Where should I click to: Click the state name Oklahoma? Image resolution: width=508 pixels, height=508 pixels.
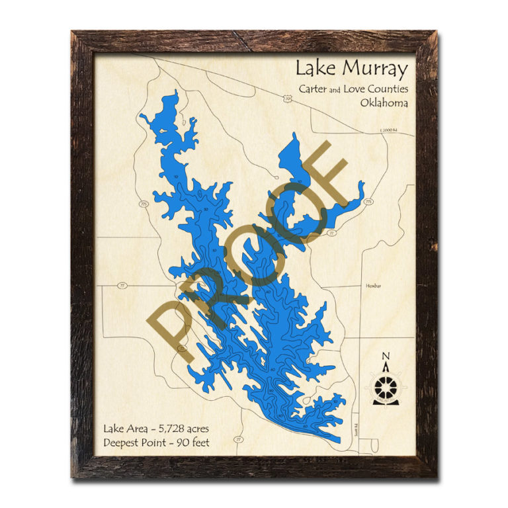point(384,103)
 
